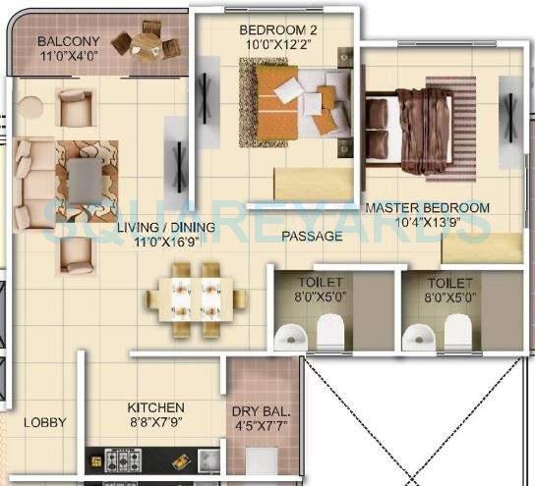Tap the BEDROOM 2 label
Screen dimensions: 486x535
coord(276,30)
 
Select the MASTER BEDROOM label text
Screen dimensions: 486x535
coord(427,208)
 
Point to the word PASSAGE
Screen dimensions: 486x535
coord(312,236)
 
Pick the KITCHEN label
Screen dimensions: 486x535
coord(155,407)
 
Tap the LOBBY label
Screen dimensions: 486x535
coord(45,422)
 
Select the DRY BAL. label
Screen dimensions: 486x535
coord(261,411)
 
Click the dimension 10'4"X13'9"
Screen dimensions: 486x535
coord(427,225)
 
